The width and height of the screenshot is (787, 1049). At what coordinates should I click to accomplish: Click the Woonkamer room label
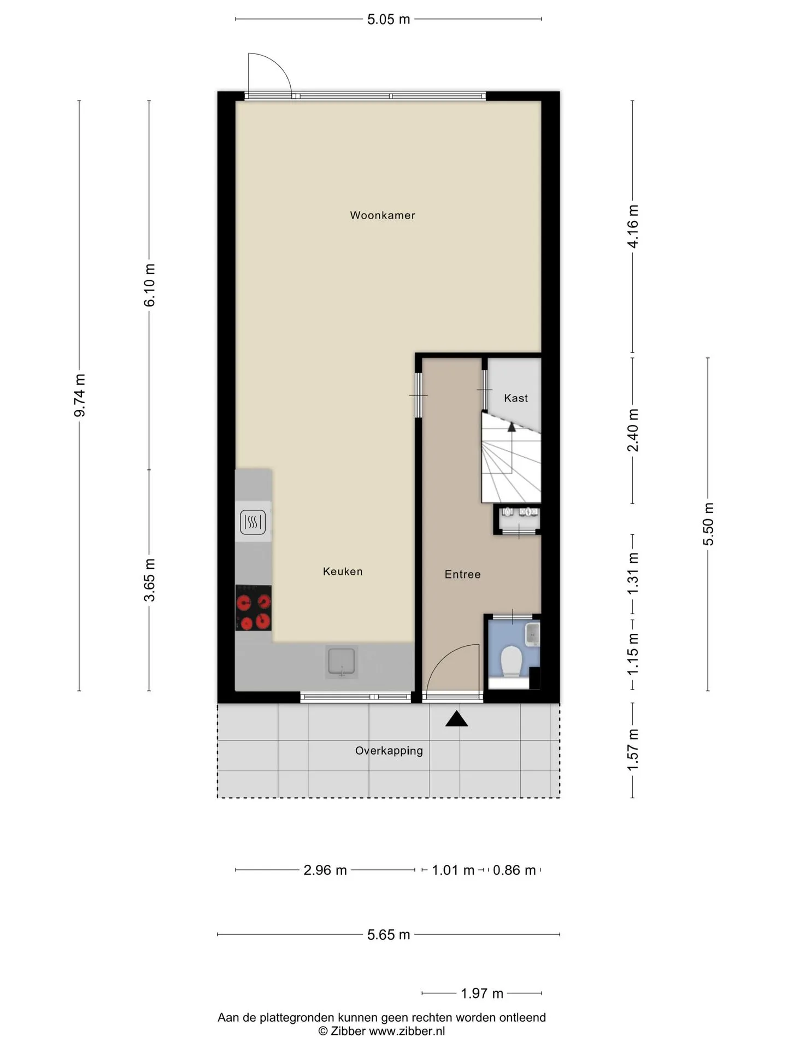point(383,215)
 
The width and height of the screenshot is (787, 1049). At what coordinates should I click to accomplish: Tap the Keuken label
point(343,571)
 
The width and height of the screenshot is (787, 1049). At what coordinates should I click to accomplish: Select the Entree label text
point(462,574)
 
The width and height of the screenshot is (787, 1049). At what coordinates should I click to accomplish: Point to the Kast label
point(516,398)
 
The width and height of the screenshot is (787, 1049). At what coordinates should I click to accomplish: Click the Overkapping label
point(389,751)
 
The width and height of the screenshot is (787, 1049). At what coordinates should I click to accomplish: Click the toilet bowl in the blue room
point(512,661)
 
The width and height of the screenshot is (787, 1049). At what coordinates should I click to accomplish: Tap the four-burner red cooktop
point(254,608)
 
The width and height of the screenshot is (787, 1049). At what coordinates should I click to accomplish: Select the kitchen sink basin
point(342,662)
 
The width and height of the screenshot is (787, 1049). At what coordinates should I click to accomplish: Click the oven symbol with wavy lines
point(253,522)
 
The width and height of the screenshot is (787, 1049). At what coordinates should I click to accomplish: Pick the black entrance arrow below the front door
point(457,719)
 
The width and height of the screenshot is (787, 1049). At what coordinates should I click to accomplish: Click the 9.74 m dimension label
point(80,396)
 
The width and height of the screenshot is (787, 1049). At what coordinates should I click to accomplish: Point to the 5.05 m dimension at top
point(389,20)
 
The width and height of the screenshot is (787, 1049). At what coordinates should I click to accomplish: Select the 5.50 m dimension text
point(709,524)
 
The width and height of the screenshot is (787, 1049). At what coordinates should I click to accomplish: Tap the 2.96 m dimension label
point(325,870)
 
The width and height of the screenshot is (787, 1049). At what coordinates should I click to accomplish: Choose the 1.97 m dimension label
point(482,994)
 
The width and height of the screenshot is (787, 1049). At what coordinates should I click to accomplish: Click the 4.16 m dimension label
point(633,226)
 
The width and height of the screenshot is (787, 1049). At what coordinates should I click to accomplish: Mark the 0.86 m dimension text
point(514,870)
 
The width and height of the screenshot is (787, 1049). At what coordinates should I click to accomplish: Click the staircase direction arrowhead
point(512,427)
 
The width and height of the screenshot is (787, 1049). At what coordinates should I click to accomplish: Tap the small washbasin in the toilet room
point(532,634)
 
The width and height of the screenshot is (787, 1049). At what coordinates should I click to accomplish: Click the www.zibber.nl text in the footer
point(407,1031)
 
